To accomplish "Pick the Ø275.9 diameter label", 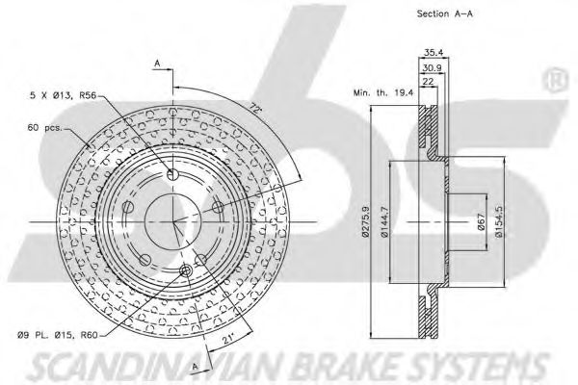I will (365, 220).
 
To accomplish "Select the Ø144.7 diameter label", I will (384, 220).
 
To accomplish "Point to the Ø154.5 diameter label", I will (498, 222).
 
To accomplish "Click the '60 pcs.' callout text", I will (44, 126).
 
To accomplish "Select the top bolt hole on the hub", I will (172, 174).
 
